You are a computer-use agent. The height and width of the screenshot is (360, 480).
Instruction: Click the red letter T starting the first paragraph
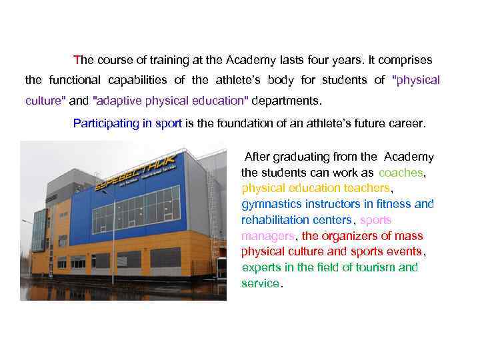click(77, 59)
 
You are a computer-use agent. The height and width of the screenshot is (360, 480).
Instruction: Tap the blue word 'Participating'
click(105, 123)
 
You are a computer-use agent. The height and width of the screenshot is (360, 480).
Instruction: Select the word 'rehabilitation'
click(276, 220)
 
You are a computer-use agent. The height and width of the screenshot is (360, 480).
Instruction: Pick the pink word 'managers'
click(268, 236)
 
